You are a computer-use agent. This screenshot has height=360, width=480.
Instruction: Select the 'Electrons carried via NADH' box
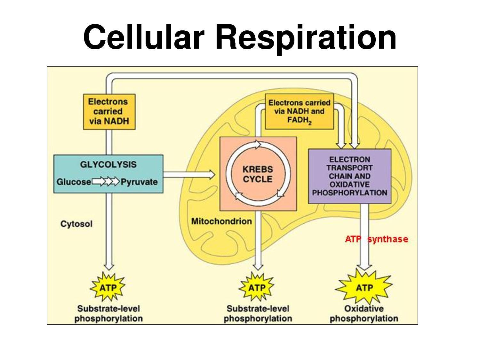pos(109,112)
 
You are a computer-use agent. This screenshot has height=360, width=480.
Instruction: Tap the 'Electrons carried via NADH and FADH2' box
pos(299,112)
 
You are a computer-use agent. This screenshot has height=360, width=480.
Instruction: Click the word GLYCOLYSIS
pos(108,164)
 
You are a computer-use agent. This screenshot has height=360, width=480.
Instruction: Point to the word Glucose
pos(74,182)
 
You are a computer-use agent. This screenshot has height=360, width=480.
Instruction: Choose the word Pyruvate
pos(139,182)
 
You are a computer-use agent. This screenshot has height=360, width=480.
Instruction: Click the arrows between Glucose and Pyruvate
pos(105,182)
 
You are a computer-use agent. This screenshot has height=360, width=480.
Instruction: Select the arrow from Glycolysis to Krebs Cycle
pos(189,174)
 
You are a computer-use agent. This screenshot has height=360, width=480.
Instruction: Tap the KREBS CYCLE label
pos(258,174)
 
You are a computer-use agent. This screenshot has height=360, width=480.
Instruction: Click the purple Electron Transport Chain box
pos(349,176)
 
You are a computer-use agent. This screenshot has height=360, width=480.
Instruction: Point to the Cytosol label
pos(76,224)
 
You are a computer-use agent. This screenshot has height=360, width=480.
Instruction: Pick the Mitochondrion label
pos(221,221)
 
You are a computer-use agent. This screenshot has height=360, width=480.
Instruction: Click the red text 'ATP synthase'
pos(376,239)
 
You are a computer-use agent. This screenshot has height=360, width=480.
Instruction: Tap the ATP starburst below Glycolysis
pos(108,287)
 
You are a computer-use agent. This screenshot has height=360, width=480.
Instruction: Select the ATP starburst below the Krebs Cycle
pos(257,287)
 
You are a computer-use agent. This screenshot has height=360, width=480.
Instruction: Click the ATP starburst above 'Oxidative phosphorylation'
pos(364,287)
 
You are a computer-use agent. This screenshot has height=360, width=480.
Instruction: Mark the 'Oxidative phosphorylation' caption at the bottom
pos(364,314)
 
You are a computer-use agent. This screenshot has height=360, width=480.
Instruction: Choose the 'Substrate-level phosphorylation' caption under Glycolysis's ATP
pos(108,314)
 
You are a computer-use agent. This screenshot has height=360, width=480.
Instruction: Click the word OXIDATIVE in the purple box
pos(349,184)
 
